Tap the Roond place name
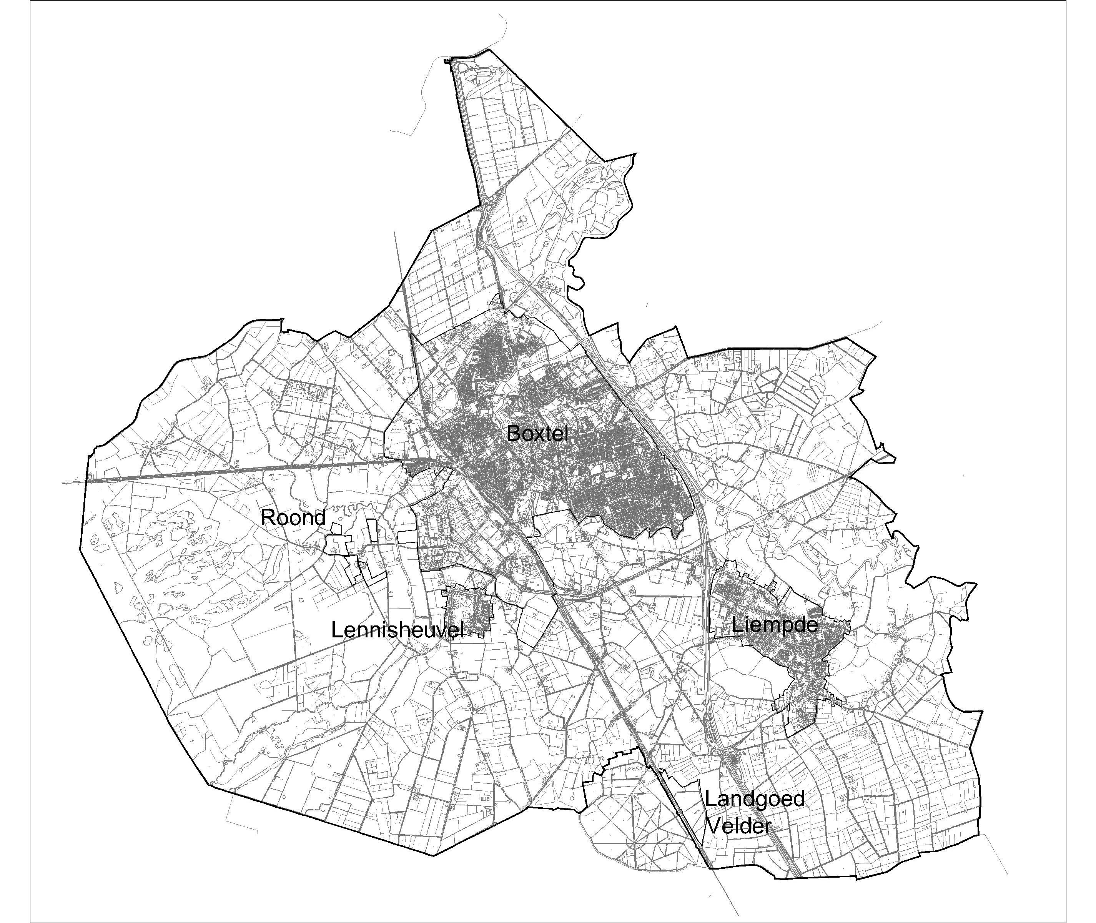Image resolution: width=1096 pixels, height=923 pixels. tap(293, 518)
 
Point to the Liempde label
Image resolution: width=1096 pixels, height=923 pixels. tap(774, 625)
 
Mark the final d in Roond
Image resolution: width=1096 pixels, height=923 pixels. tap(319, 518)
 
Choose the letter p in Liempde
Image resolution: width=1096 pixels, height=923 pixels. tap(784, 626)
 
